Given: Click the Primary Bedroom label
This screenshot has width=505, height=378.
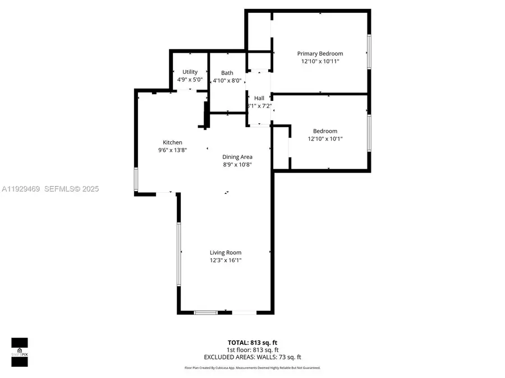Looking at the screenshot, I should (320, 54).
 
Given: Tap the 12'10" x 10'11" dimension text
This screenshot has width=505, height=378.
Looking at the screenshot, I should (320, 62).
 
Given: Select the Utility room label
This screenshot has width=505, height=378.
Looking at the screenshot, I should (190, 72).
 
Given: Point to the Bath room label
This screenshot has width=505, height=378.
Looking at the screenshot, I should (227, 73).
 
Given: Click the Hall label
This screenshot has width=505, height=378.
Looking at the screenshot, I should (259, 98).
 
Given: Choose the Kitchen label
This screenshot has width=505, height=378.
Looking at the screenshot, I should (172, 142).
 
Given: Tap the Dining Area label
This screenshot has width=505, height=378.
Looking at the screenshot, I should (237, 157).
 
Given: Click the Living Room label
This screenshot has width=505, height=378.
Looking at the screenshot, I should (226, 253).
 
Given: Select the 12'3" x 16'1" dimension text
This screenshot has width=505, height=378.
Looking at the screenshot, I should (226, 260).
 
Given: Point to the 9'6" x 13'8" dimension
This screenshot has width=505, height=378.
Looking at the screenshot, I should (172, 150).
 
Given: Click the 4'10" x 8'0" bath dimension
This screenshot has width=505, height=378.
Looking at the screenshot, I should (227, 81).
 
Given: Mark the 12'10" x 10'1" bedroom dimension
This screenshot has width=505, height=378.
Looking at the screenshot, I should (325, 139).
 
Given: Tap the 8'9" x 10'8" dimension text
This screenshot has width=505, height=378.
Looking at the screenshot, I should (237, 165).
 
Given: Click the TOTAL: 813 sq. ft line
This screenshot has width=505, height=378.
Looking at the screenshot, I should (252, 342).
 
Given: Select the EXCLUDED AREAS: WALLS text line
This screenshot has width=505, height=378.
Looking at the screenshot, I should (252, 356).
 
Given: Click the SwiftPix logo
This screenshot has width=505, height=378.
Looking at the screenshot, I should (20, 352).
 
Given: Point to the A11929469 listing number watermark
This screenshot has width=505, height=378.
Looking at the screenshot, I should (20, 189).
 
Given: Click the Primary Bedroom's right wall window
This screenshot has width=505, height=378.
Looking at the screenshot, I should (369, 52).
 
